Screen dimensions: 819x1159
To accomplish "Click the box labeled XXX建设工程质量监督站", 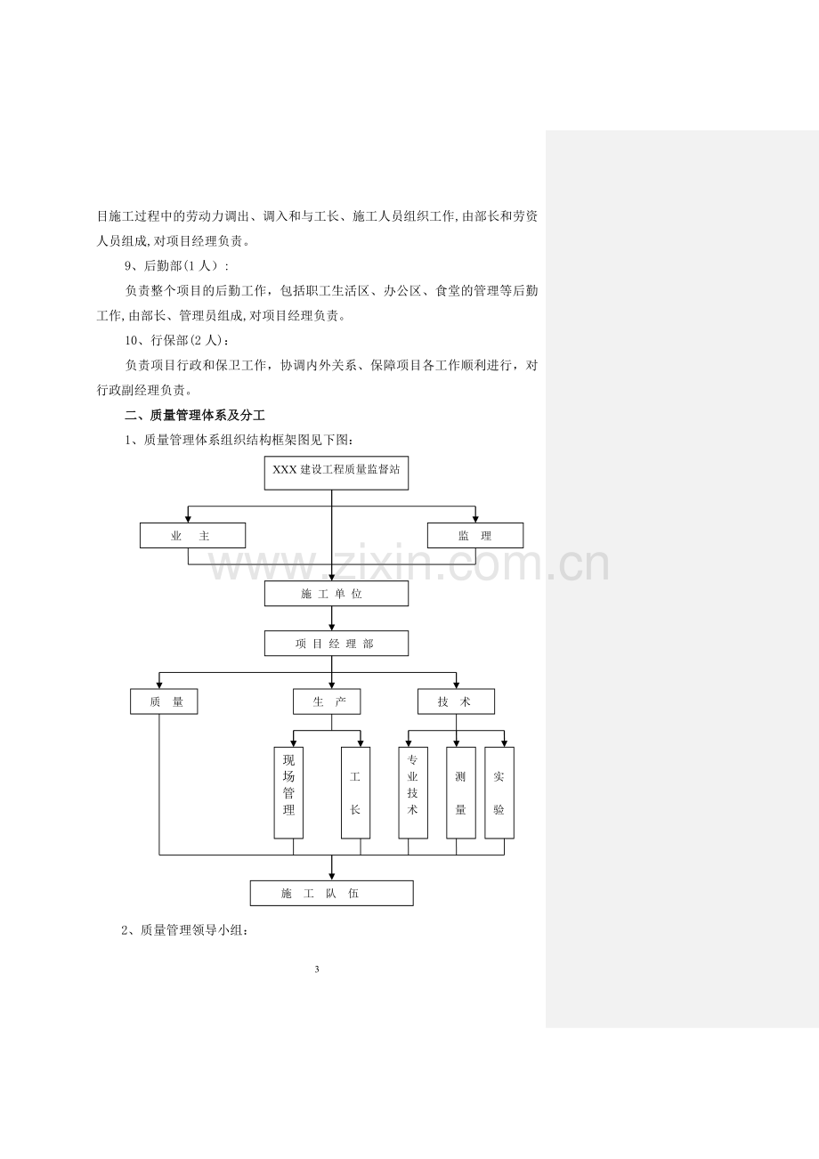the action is coord(337,473).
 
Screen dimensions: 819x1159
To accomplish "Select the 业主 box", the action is coord(192,536).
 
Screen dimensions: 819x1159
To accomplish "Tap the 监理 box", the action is coord(475,536).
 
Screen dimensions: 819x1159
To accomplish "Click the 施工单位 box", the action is coord(337,594).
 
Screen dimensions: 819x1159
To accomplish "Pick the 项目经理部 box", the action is coord(337,643).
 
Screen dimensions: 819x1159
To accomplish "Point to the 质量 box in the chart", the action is coord(164,701).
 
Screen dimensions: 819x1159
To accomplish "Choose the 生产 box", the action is coord(327,701).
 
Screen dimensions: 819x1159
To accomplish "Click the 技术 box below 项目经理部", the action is coord(457,701).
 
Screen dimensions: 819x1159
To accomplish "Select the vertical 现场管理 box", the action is coord(288,792).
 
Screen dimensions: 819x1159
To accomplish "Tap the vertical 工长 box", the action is coord(355,792).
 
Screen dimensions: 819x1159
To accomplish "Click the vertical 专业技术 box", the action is coord(413,792).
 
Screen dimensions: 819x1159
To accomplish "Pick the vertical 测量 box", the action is coord(461,792).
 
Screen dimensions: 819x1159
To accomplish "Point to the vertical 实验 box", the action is coord(499,792).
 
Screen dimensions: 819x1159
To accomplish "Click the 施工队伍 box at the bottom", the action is coord(332,893).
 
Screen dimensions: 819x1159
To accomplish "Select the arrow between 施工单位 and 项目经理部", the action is coord(332,619).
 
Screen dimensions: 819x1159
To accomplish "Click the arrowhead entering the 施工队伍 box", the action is coord(332,877).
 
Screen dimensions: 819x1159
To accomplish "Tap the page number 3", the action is coord(317,969).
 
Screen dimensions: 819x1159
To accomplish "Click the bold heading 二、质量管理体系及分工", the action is coord(195,415).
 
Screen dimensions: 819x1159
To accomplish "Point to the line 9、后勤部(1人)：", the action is coord(176,266).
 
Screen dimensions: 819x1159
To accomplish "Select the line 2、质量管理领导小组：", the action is coord(184,930).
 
